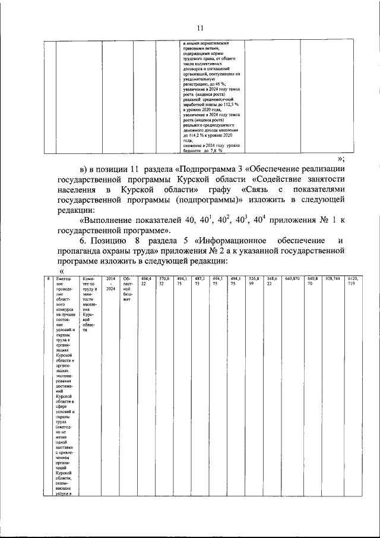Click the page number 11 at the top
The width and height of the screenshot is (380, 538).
click(x=200, y=27)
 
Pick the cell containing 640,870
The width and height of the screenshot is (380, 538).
click(x=292, y=278)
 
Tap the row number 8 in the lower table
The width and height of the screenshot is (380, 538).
click(x=48, y=278)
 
